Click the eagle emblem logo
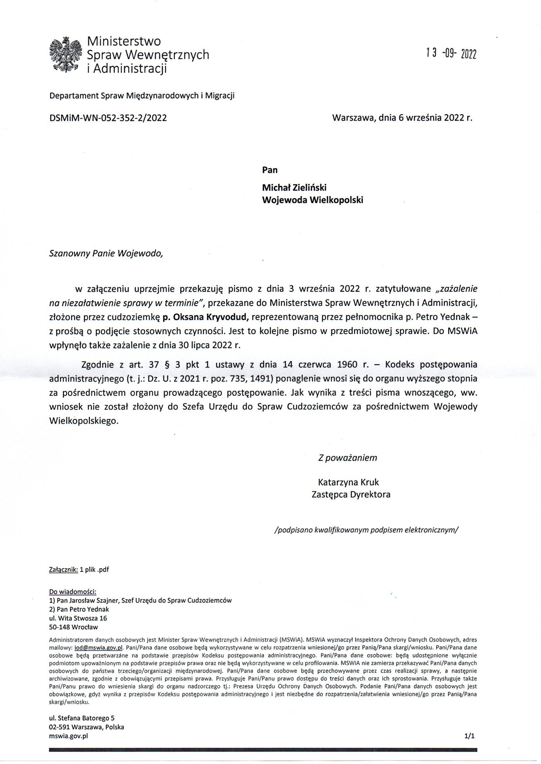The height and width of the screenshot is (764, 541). click(65, 55)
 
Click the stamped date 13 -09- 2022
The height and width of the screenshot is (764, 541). click(451, 53)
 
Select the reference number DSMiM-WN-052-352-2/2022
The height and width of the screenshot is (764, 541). click(108, 118)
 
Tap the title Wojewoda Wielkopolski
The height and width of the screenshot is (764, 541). click(312, 200)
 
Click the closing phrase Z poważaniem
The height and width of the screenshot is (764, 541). click(347, 458)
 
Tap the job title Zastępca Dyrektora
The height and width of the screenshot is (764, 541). click(351, 494)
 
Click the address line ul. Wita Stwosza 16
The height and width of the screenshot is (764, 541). click(78, 618)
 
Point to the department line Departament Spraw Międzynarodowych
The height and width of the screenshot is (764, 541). click(142, 96)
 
